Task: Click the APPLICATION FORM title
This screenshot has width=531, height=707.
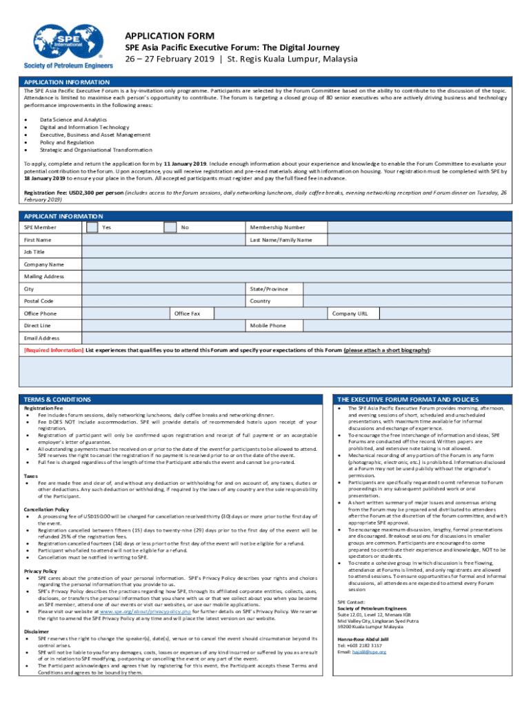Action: (169, 35)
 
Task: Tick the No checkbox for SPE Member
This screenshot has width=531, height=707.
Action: (170, 227)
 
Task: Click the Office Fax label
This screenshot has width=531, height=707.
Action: (187, 313)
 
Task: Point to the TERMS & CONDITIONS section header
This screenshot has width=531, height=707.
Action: (58, 399)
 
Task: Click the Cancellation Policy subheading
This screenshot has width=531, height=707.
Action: (47, 509)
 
